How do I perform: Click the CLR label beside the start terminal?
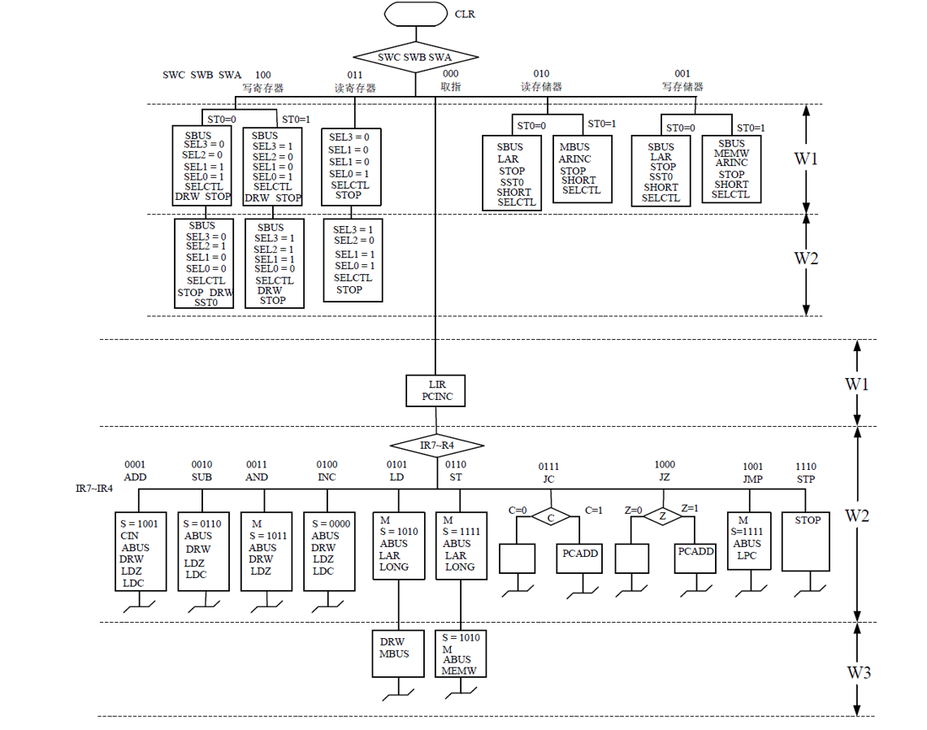click(x=465, y=15)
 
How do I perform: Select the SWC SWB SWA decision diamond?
click(x=415, y=58)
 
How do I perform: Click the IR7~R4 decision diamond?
click(x=436, y=445)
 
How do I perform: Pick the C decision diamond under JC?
click(x=550, y=517)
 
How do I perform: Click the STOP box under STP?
click(x=808, y=541)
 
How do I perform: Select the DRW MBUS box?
click(x=398, y=654)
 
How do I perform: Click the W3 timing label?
click(x=860, y=672)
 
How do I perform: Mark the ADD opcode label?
click(x=135, y=477)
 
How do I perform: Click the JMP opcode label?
click(x=752, y=479)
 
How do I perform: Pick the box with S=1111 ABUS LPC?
click(x=748, y=541)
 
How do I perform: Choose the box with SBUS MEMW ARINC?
click(x=731, y=169)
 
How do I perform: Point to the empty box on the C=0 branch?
click(x=517, y=559)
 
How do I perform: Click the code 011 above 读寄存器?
click(x=355, y=75)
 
